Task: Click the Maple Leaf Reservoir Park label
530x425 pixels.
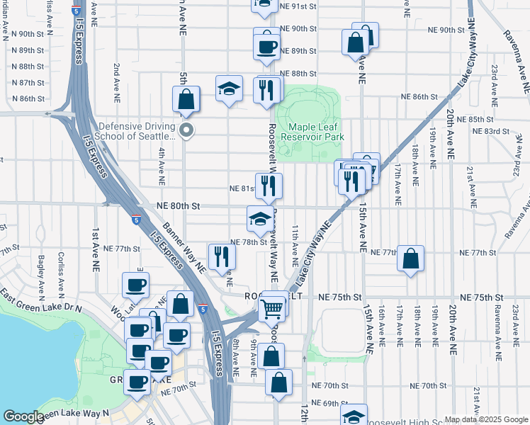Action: tap(312, 131)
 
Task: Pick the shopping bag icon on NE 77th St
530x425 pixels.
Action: tap(411, 259)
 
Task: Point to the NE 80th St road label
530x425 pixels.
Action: tap(179, 206)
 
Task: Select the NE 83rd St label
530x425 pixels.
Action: tap(491, 131)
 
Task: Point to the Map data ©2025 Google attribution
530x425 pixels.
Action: tap(485, 419)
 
